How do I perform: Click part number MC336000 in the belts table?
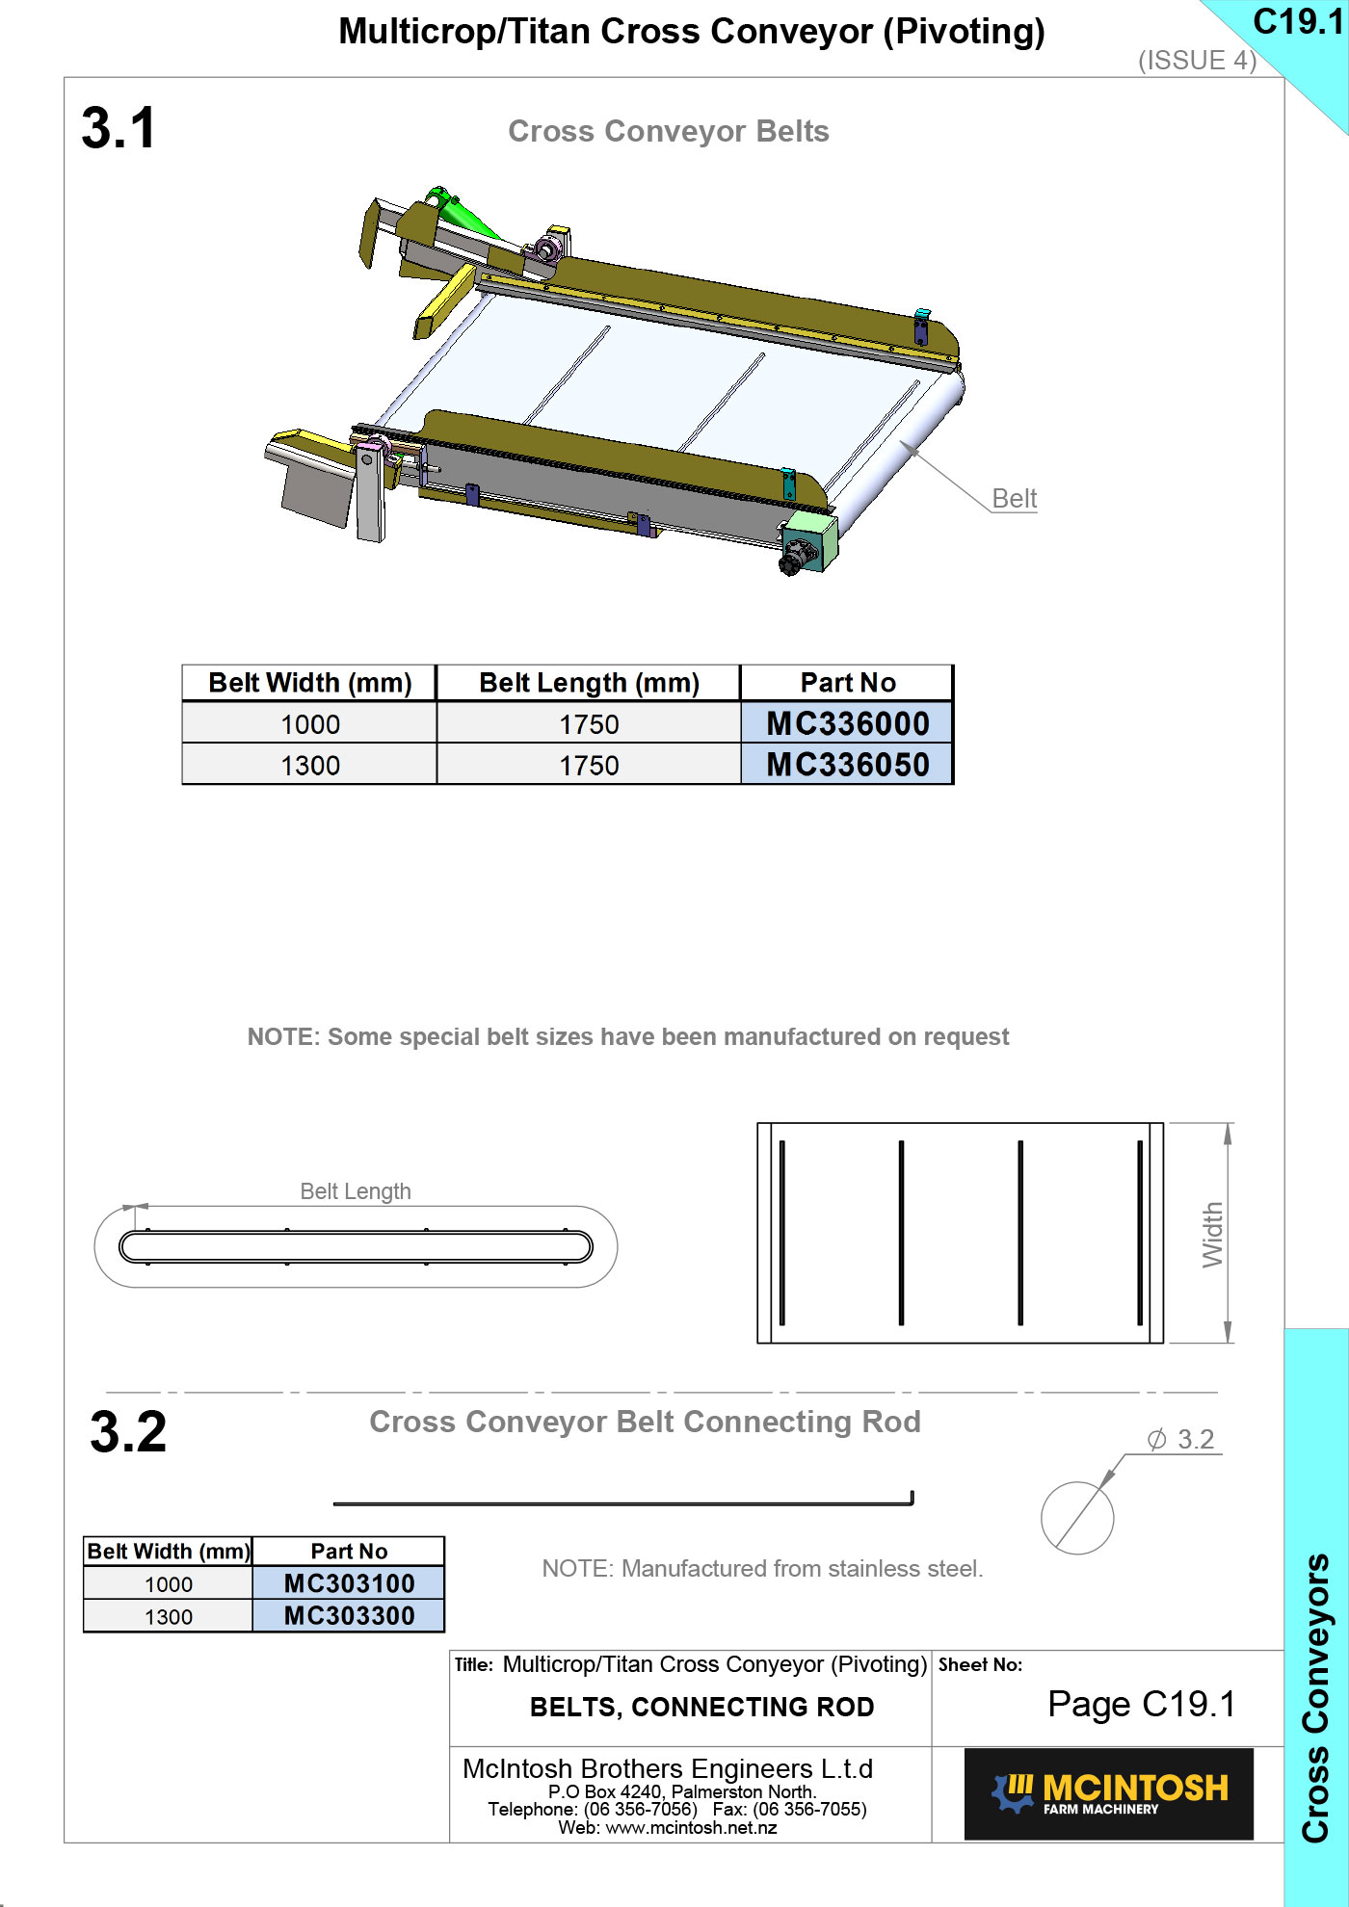(848, 723)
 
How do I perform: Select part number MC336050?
(848, 765)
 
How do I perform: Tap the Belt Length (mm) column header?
(589, 683)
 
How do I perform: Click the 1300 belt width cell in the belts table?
(310, 766)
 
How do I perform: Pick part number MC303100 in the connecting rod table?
(349, 1583)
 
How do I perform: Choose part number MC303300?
(349, 1616)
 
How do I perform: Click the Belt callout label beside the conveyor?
(1015, 499)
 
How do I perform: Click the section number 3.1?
(119, 128)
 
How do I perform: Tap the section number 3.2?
(128, 1431)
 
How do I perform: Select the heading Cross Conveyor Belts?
(669, 131)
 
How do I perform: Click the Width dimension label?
(1212, 1234)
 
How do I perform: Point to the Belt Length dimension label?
(356, 1191)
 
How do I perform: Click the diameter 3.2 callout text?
(1181, 1439)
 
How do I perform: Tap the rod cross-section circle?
(1077, 1518)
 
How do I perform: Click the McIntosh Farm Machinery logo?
(1109, 1794)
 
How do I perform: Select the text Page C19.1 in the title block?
(1142, 1704)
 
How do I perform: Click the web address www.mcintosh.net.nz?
(691, 1828)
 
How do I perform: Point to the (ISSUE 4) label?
(1198, 61)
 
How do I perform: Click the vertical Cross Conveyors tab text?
(1316, 1698)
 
